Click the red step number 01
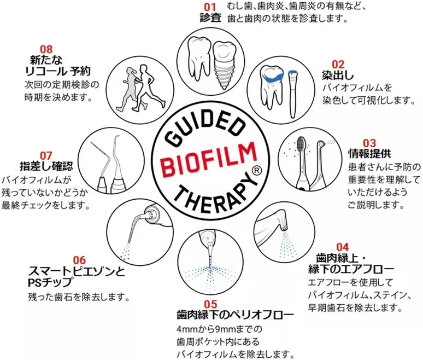tap(210, 7)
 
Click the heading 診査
tap(210, 18)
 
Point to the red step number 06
tap(79, 260)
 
